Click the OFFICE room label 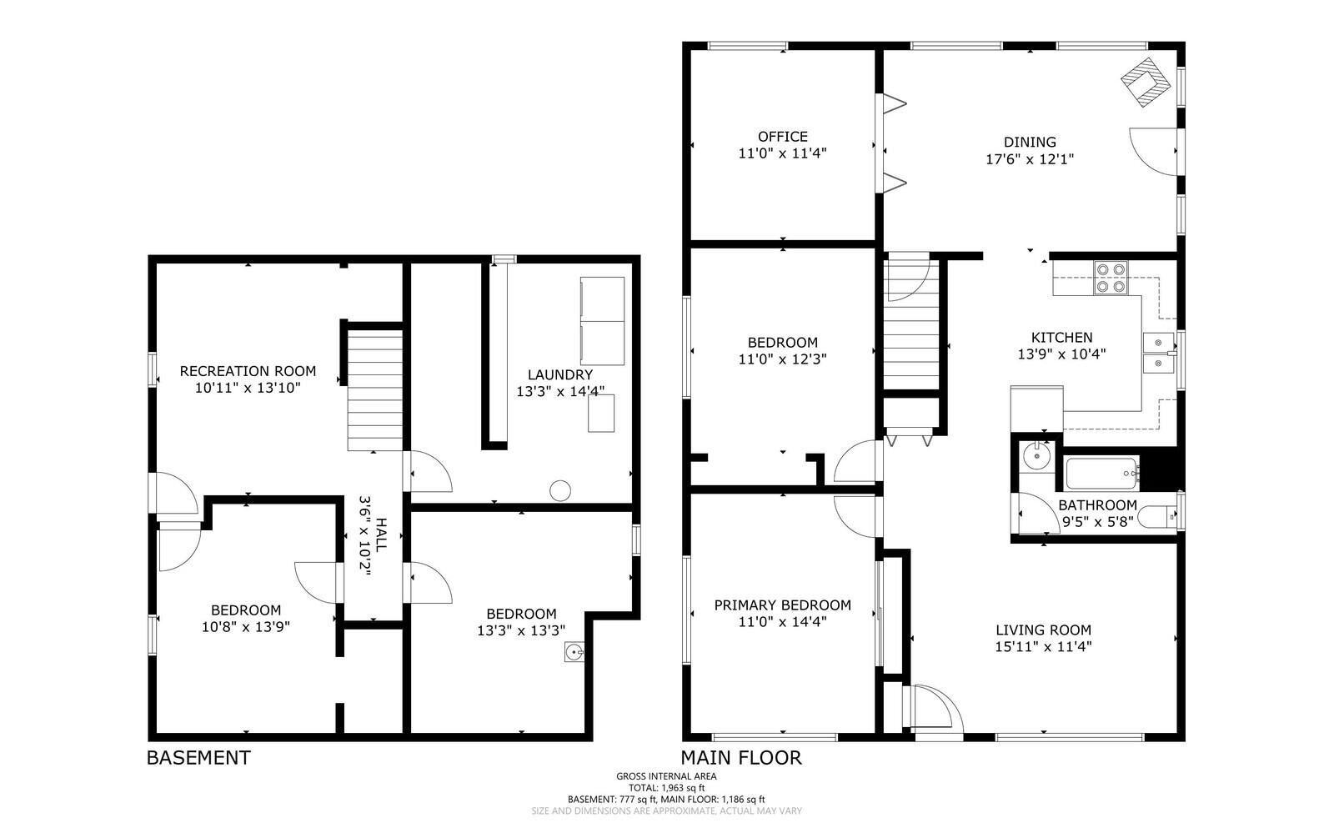click(x=782, y=137)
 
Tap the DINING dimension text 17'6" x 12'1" click(x=1029, y=159)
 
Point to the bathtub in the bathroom click(x=1101, y=474)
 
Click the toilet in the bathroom click(x=1160, y=517)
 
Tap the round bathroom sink click(x=1037, y=455)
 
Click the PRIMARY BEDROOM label click(x=782, y=605)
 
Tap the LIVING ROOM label click(x=1043, y=630)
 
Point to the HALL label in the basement click(x=380, y=534)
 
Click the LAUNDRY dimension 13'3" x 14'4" click(x=559, y=391)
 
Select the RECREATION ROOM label click(x=248, y=371)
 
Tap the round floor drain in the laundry click(x=559, y=490)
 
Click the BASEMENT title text click(x=198, y=758)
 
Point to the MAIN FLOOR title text click(x=740, y=758)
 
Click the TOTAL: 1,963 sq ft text click(x=666, y=787)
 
